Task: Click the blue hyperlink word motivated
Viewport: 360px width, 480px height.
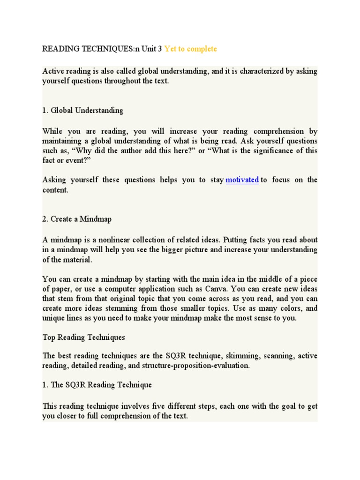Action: [242, 180]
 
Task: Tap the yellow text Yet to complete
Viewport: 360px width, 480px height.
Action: [190, 49]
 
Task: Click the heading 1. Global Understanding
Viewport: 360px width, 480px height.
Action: [83, 111]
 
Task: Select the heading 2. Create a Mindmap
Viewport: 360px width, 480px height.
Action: [77, 219]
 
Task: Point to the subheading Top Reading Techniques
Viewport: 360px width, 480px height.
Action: [83, 337]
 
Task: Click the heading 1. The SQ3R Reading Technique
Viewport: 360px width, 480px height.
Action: [97, 385]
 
